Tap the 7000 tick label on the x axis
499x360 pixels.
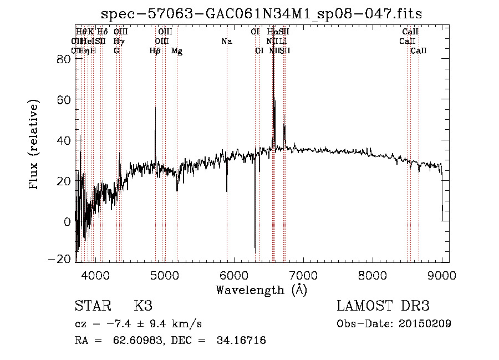point(303,275)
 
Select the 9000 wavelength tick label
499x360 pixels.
point(441,275)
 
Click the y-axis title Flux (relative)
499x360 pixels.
point(34,145)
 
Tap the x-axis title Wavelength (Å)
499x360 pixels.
point(261,290)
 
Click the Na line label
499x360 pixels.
point(226,41)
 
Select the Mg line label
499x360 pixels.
point(177,51)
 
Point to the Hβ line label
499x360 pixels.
point(155,51)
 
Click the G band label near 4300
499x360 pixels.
point(116,51)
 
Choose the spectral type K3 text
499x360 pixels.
point(143,306)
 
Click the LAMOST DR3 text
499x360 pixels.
point(383,306)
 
